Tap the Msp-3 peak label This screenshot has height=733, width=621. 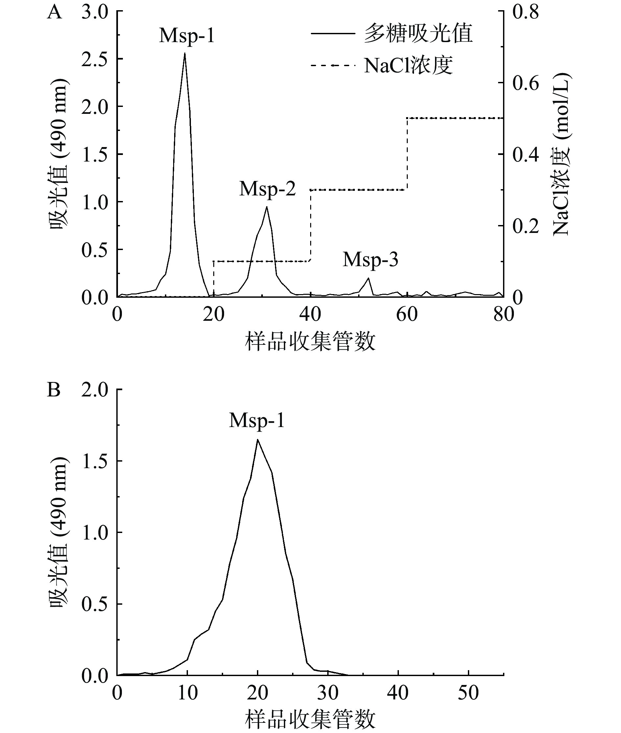(x=370, y=260)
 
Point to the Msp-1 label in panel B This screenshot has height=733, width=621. (x=257, y=420)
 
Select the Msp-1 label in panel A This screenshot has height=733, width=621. (x=187, y=36)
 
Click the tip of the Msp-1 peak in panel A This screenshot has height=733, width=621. (x=185, y=53)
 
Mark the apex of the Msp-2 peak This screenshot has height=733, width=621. (x=267, y=207)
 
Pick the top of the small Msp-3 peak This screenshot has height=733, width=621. (x=369, y=278)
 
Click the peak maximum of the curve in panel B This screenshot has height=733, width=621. (x=258, y=440)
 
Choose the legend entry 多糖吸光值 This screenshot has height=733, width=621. (x=418, y=34)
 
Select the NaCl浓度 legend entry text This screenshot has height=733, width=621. (x=408, y=65)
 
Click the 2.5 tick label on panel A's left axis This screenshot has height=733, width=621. (x=94, y=59)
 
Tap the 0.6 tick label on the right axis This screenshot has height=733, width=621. (x=526, y=83)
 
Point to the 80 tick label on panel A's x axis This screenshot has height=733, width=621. (x=503, y=314)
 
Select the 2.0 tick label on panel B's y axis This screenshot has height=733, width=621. (x=94, y=390)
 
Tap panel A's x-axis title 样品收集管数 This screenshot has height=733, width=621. (x=310, y=341)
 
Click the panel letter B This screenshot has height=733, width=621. (x=54, y=390)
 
